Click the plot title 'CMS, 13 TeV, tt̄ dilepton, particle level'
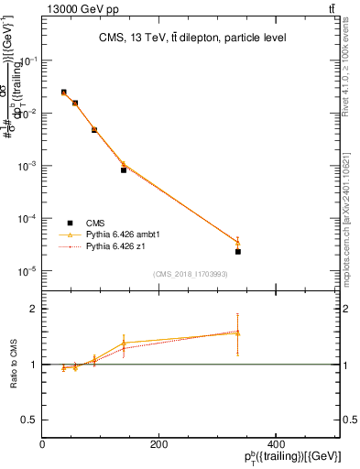point(191,38)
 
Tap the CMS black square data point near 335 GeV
point(238,251)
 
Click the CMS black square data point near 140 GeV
point(124,170)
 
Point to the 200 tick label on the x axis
point(159,443)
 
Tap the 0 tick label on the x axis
point(42,443)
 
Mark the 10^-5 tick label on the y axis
point(29,271)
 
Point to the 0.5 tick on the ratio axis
point(28,420)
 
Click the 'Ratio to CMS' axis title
point(14,364)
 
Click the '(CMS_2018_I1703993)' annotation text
point(191,273)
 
